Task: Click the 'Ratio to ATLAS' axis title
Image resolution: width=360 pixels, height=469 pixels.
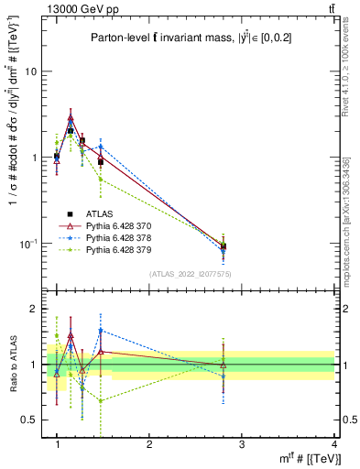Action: pyautogui.click(x=13, y=365)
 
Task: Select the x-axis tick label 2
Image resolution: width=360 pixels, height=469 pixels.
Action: pyautogui.click(x=149, y=445)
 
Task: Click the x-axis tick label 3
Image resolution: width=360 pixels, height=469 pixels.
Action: pyautogui.click(x=242, y=445)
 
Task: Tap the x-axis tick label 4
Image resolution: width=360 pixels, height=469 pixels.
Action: pyautogui.click(x=333, y=445)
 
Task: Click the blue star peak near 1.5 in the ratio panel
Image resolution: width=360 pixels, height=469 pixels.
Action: pyautogui.click(x=101, y=331)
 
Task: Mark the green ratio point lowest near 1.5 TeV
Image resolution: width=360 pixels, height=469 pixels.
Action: pyautogui.click(x=101, y=400)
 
